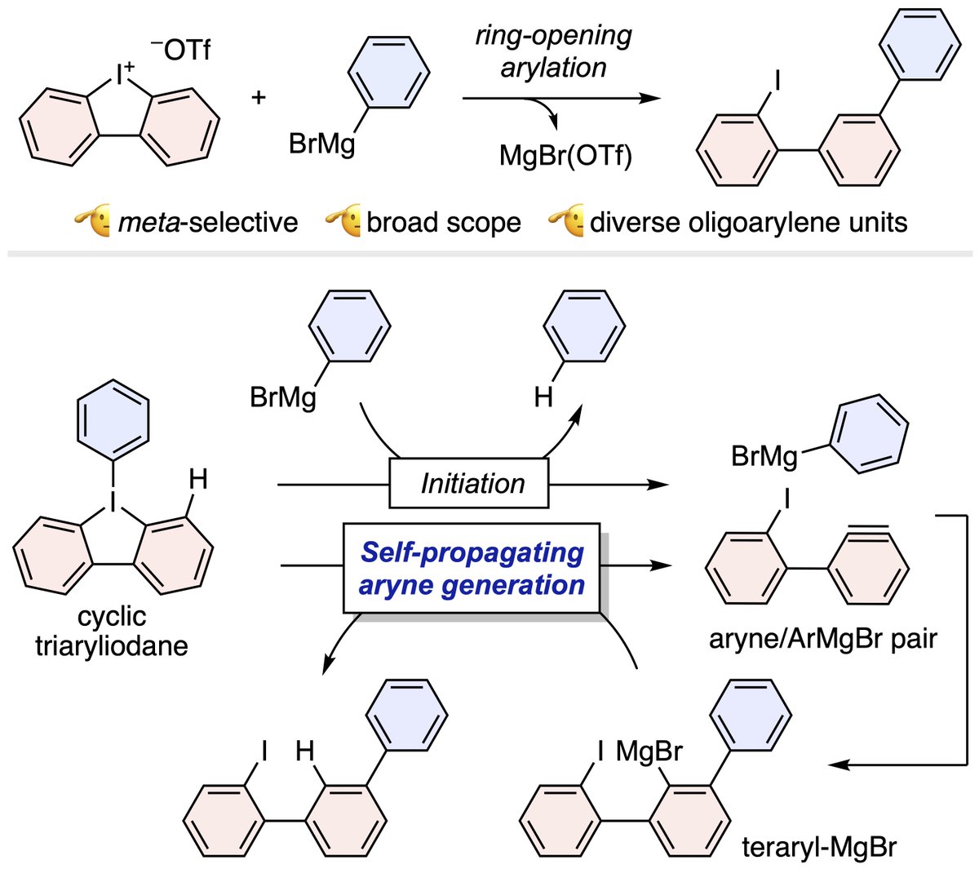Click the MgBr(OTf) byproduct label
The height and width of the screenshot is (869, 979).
pyautogui.click(x=565, y=156)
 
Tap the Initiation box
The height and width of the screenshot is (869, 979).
pyautogui.click(x=469, y=483)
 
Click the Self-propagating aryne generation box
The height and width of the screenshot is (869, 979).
pyautogui.click(x=472, y=568)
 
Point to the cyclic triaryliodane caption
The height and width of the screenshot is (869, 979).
pyautogui.click(x=112, y=632)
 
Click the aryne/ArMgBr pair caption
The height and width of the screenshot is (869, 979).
pyautogui.click(x=823, y=640)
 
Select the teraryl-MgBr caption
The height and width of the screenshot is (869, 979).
pyautogui.click(x=819, y=847)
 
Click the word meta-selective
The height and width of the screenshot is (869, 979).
pyautogui.click(x=208, y=223)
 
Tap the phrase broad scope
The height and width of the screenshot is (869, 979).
pyautogui.click(x=444, y=223)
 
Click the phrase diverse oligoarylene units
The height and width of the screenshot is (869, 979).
pyautogui.click(x=748, y=223)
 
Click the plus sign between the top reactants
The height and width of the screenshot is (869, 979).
pyautogui.click(x=259, y=98)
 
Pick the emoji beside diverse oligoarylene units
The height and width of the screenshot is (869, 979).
pyautogui.click(x=566, y=220)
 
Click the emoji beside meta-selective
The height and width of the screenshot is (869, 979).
pyautogui.click(x=92, y=220)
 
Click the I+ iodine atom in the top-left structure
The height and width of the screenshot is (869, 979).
pyautogui.click(x=122, y=75)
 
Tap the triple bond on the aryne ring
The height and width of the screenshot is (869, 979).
pyautogui.click(x=867, y=530)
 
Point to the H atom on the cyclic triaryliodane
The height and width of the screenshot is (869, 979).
pyautogui.click(x=198, y=480)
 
